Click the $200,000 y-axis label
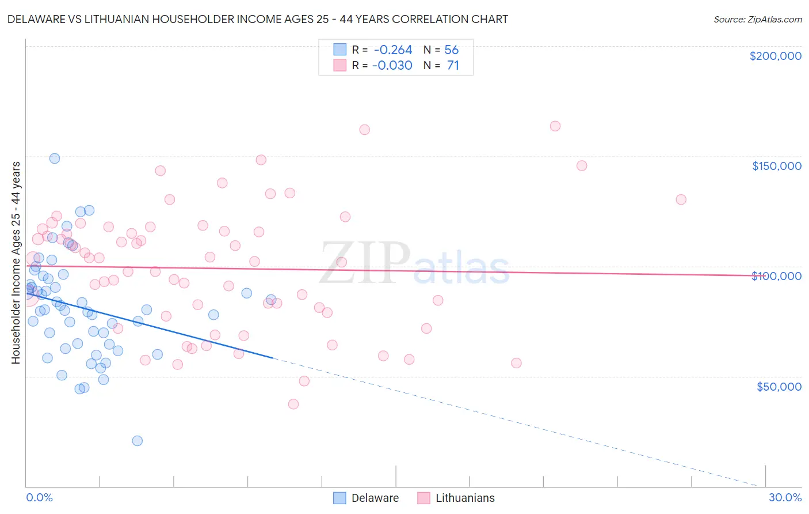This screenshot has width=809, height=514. pyautogui.click(x=775, y=56)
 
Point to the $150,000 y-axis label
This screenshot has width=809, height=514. pyautogui.click(x=776, y=166)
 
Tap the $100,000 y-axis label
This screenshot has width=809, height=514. pyautogui.click(x=776, y=276)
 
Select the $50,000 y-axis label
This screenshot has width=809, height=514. pyautogui.click(x=779, y=386)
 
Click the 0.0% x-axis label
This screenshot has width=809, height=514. pyautogui.click(x=39, y=497)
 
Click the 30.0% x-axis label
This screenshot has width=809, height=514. pyautogui.click(x=785, y=497)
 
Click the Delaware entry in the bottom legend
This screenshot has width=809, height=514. pyautogui.click(x=375, y=498)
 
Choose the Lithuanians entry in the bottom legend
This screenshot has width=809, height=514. pyautogui.click(x=464, y=498)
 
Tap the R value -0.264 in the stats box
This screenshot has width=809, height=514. pyautogui.click(x=392, y=50)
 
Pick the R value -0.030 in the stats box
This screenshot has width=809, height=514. pyautogui.click(x=392, y=66)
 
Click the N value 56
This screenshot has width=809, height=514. pyautogui.click(x=451, y=50)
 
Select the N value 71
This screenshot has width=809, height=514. pyautogui.click(x=453, y=66)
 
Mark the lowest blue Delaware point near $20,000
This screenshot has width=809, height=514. pyautogui.click(x=137, y=441)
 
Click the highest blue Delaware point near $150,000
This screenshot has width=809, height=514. pyautogui.click(x=55, y=158)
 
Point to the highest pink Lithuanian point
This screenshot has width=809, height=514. pyautogui.click(x=555, y=126)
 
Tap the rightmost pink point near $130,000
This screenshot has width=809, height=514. pyautogui.click(x=681, y=199)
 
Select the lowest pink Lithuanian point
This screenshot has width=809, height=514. pyautogui.click(x=293, y=404)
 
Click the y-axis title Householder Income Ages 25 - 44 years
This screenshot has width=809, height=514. pyautogui.click(x=16, y=262)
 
